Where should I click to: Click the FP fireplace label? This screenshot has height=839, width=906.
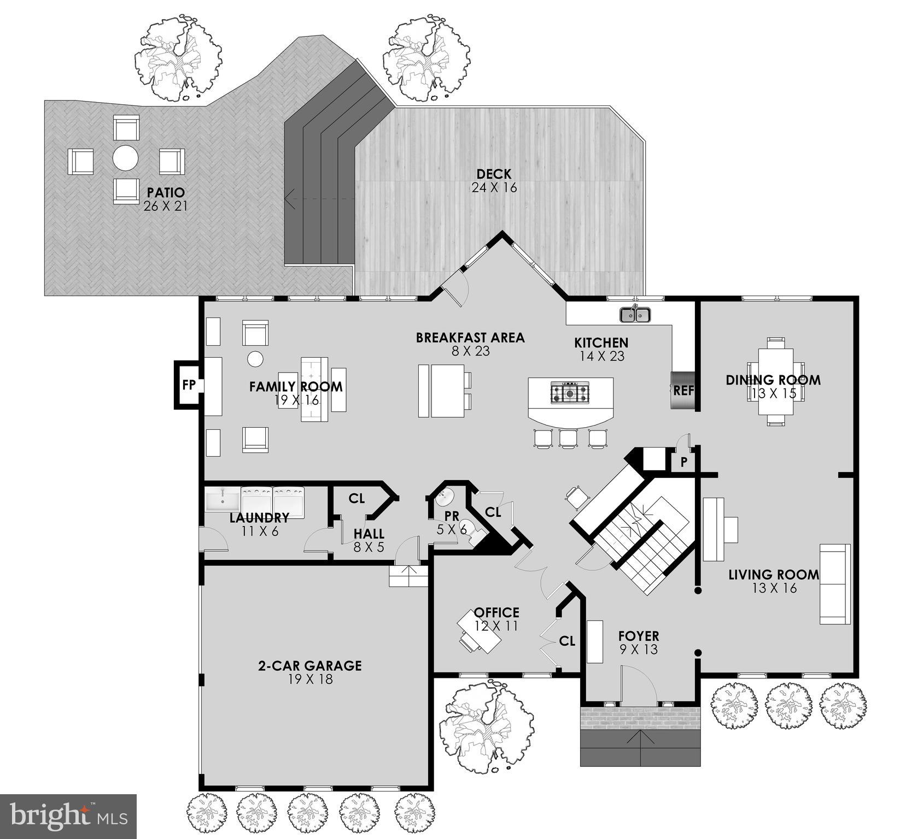(x=189, y=385)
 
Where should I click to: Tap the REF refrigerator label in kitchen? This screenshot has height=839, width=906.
(x=683, y=391)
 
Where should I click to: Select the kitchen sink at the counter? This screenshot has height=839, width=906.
(x=635, y=315)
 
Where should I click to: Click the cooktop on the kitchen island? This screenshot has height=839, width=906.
(x=571, y=393)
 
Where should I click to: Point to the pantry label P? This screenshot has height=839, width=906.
(x=683, y=462)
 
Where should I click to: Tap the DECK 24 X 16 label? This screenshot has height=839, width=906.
(x=494, y=181)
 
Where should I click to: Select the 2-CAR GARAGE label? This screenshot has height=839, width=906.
(x=310, y=672)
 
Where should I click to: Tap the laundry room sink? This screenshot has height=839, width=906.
(x=223, y=500)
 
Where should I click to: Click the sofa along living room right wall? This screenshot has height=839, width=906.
(x=835, y=583)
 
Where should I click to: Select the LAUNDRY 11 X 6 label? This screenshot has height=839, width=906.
(x=259, y=524)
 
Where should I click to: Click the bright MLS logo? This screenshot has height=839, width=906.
(x=68, y=816)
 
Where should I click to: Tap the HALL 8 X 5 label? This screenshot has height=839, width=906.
(x=369, y=540)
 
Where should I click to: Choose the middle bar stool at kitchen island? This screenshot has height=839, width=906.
(x=569, y=438)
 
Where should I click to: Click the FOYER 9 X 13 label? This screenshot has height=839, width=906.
(x=638, y=642)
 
